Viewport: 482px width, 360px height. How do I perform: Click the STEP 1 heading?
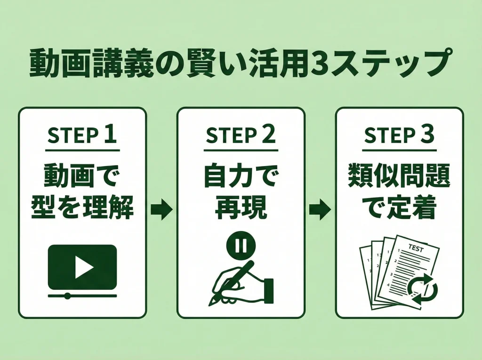pyautogui.click(x=82, y=136)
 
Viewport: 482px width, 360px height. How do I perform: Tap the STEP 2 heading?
pyautogui.click(x=241, y=136)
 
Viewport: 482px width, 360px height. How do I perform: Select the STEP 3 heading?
pyautogui.click(x=399, y=136)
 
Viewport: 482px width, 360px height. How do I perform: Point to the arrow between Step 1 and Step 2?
pyautogui.click(x=161, y=209)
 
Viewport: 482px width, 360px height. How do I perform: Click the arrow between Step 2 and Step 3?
pyautogui.click(x=320, y=209)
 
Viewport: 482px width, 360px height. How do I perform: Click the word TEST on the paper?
pyautogui.click(x=416, y=248)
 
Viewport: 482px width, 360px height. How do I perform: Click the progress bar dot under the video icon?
pyautogui.click(x=67, y=296)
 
